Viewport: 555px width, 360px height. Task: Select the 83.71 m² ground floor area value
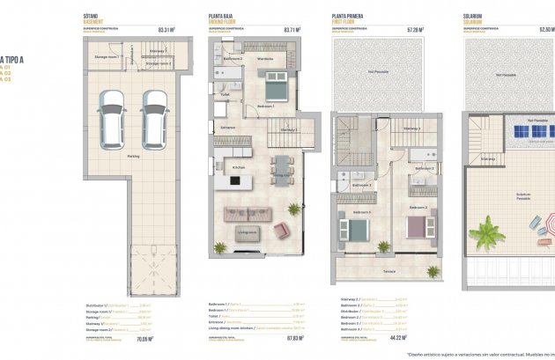pos(292,29)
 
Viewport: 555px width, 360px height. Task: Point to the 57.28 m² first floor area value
pos(413,29)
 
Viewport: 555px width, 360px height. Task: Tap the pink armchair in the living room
pos(281,230)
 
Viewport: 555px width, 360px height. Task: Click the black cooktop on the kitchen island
pos(234,181)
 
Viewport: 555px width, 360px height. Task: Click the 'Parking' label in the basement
pos(133,157)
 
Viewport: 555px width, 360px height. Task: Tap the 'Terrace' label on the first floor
pos(388,272)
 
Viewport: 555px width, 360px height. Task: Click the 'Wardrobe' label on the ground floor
pos(264,60)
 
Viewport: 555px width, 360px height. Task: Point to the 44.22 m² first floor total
pos(413,338)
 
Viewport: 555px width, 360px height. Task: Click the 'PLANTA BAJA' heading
pos(222,16)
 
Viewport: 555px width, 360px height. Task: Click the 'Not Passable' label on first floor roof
pos(378,72)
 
